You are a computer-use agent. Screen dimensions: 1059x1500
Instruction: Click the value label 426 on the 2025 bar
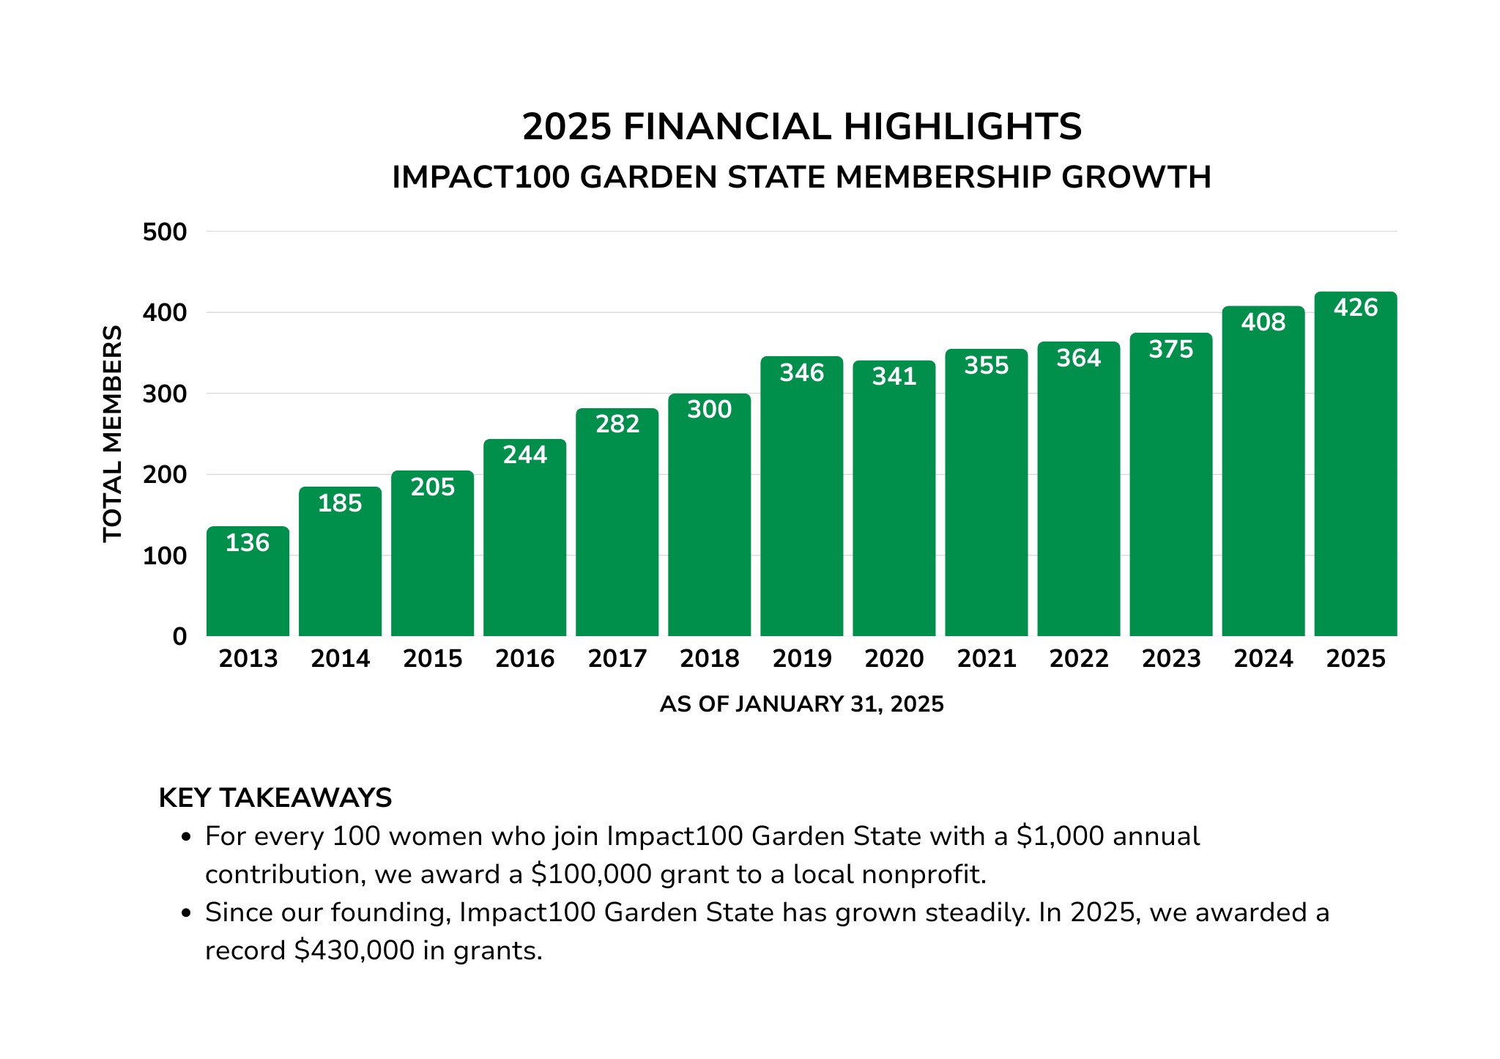coord(1356,308)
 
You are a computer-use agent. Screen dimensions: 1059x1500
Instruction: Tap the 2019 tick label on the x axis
coord(802,658)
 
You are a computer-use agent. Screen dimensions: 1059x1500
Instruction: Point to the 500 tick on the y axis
coord(165,232)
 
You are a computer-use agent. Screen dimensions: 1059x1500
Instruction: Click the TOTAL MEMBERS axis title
coord(112,434)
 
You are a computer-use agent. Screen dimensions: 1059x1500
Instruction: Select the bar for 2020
coord(894,506)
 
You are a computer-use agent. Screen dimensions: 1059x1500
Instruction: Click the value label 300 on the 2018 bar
coord(709,409)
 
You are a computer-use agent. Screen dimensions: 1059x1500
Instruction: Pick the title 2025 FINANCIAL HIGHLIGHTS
coord(801,127)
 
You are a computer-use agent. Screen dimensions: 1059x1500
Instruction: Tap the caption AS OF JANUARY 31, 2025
coord(801,704)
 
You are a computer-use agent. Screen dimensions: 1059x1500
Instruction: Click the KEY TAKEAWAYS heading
coord(275,797)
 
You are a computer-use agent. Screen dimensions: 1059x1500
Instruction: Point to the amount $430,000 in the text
coord(354,951)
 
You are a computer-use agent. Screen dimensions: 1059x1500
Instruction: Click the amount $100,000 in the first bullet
coord(591,874)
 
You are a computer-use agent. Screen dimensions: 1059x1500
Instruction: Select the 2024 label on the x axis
coord(1263,658)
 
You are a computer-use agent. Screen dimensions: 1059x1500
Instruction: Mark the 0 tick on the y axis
coord(179,637)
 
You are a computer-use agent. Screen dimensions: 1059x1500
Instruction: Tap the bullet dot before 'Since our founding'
coord(187,913)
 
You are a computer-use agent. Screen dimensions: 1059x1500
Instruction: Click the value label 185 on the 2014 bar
coord(340,503)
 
